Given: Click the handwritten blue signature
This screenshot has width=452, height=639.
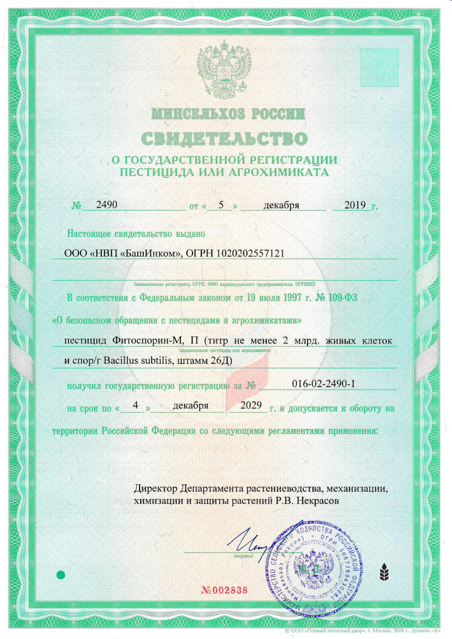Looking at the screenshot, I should (x=252, y=542).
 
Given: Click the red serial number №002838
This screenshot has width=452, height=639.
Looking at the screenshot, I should (x=225, y=591).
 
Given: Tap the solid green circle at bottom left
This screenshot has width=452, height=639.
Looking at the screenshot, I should (x=61, y=574).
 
